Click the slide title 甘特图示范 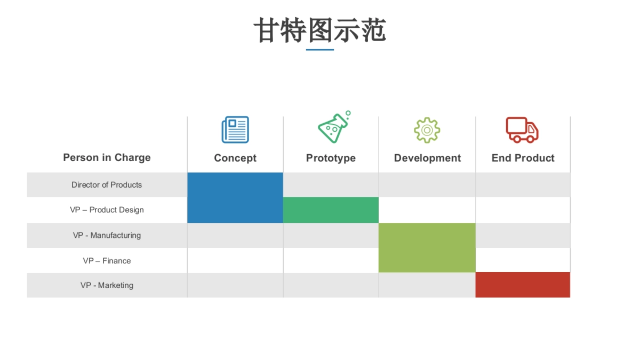point(319,30)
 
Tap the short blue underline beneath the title point(320,50)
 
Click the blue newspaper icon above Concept point(235,130)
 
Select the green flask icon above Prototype point(333,128)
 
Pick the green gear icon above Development point(427,130)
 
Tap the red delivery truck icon point(522,130)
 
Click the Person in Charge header point(107,157)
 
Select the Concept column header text point(235,158)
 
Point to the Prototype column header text point(331,158)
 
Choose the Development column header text point(427,158)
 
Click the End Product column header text point(523,158)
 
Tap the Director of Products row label point(107,185)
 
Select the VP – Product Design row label point(107,210)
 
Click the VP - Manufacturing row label point(107,235)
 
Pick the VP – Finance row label point(107,261)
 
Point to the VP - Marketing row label point(107,285)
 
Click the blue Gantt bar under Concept point(235,197)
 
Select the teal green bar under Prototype point(331,210)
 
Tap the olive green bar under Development point(427,247)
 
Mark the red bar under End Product point(523,285)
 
